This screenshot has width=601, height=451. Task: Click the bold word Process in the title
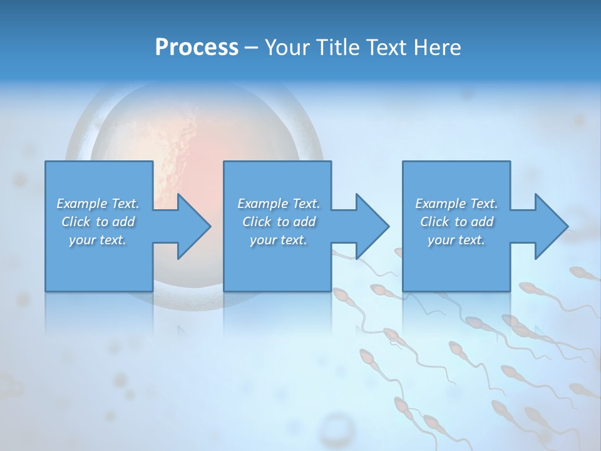[x=197, y=48]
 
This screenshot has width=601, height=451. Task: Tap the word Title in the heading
[x=336, y=48]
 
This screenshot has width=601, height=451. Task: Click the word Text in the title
[x=386, y=48]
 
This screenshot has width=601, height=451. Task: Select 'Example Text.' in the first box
[x=98, y=204]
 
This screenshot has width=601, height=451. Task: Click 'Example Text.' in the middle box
[x=279, y=204]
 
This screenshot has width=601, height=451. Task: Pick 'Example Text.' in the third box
[x=456, y=204]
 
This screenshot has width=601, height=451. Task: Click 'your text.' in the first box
[x=98, y=240]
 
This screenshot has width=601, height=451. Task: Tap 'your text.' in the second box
[x=279, y=240]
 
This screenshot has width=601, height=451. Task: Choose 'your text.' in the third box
[x=456, y=240]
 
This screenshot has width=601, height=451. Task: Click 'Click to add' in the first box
[x=98, y=222]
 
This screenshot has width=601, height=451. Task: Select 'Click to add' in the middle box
[x=279, y=222]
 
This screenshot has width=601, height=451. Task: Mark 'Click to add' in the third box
[x=456, y=222]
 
